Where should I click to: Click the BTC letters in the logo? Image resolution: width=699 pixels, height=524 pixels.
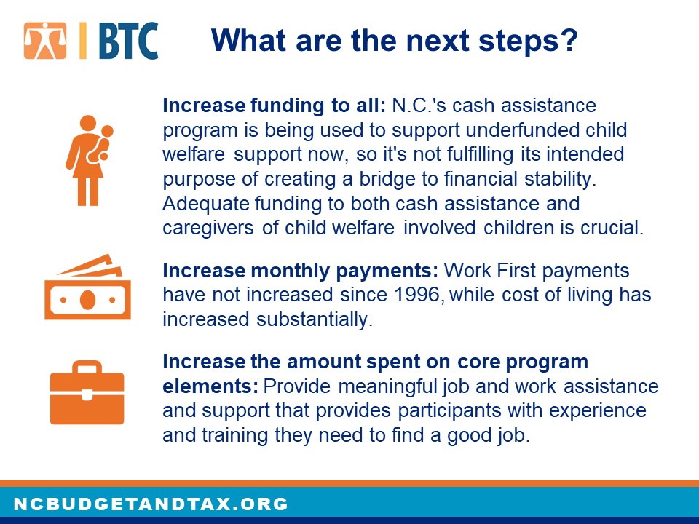pyautogui.click(x=128, y=41)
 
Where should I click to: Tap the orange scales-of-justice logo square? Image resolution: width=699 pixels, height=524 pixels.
pyautogui.click(x=45, y=41)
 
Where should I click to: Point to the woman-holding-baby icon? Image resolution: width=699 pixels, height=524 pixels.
pyautogui.click(x=89, y=160)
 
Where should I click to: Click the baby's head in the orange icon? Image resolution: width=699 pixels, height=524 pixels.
pyautogui.click(x=107, y=131)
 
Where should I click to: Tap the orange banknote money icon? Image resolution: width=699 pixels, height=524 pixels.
pyautogui.click(x=88, y=287)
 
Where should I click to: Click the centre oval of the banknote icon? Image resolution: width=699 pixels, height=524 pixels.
pyautogui.click(x=88, y=300)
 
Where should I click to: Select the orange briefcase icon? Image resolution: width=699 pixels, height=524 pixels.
pyautogui.click(x=87, y=392)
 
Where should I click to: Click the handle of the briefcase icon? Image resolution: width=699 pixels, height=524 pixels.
pyautogui.click(x=87, y=367)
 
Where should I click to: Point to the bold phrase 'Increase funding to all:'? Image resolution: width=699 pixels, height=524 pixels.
pyautogui.click(x=274, y=106)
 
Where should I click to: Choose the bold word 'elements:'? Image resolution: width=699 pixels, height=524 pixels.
pyautogui.click(x=210, y=386)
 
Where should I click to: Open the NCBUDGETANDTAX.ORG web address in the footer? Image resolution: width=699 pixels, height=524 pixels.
pyautogui.click(x=151, y=504)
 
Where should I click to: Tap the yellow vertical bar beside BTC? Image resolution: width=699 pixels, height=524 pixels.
pyautogui.click(x=83, y=41)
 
